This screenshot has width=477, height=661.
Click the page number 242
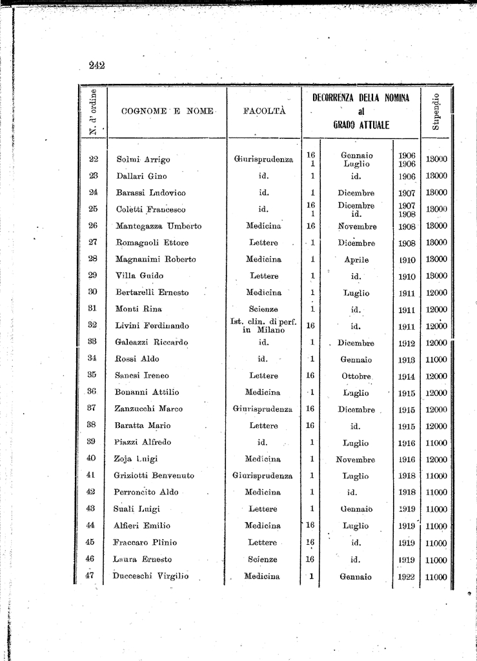(x=97, y=65)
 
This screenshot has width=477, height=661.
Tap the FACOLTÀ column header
(x=264, y=112)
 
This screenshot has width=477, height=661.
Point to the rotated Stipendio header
(x=436, y=111)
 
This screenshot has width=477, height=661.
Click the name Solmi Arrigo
(x=143, y=159)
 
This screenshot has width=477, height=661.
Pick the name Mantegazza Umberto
(x=158, y=227)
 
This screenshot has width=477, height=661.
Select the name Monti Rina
(x=138, y=309)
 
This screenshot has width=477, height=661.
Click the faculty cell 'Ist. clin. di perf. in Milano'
(x=263, y=326)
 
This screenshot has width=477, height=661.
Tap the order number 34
(x=92, y=359)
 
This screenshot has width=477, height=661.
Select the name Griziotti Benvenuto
(x=154, y=476)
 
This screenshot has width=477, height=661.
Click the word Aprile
(x=356, y=260)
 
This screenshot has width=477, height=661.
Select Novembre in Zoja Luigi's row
(x=356, y=460)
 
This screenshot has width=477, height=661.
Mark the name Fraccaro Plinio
(x=146, y=543)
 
